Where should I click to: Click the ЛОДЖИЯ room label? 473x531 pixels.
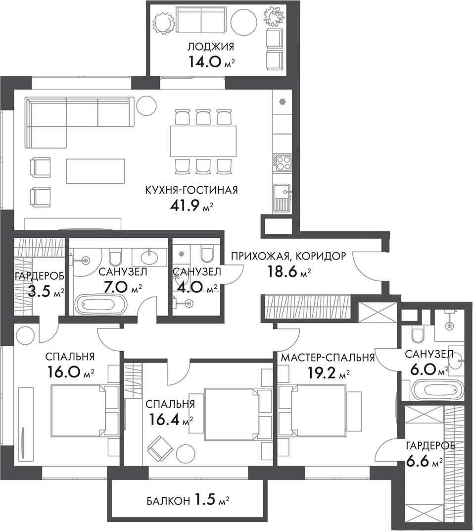[x=210, y=47]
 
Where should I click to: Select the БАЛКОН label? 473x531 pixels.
[x=168, y=501]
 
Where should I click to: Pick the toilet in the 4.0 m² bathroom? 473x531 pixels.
[x=206, y=255]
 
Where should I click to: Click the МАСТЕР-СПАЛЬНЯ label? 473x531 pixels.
[x=327, y=358]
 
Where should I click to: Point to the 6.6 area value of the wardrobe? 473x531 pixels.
[x=418, y=463]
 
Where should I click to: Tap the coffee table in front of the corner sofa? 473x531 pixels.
[x=95, y=170]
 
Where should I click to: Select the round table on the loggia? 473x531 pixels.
[x=243, y=21]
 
